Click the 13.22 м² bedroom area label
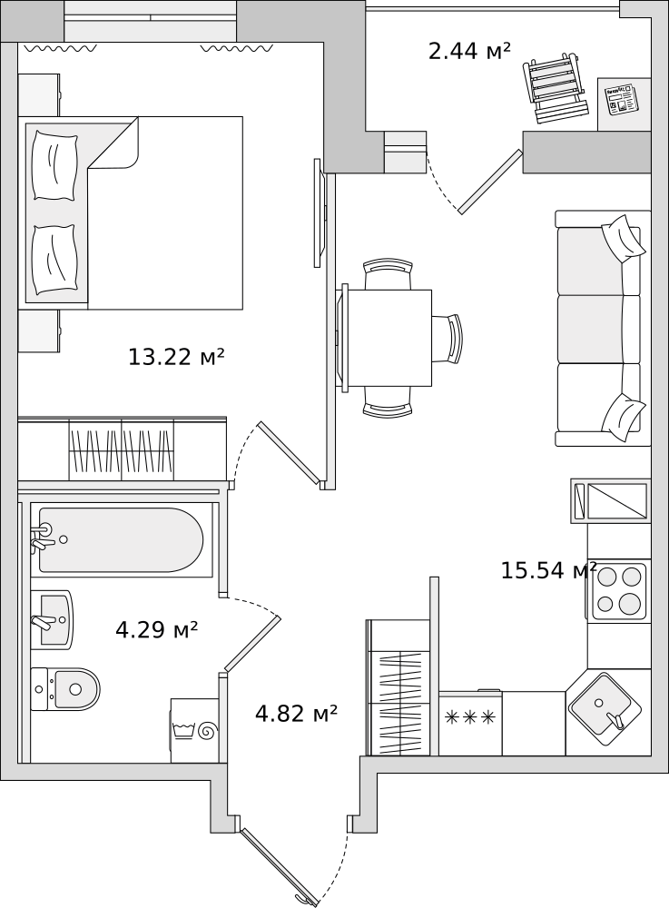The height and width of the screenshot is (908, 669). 176,357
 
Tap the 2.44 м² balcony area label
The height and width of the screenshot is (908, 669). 469,51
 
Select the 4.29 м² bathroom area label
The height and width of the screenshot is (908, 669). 157,629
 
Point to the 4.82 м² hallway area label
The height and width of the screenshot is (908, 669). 296,714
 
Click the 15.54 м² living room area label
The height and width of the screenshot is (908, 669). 548,570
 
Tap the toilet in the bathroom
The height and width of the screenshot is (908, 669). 65,689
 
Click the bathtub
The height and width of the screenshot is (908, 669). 121,539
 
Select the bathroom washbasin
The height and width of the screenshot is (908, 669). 52,619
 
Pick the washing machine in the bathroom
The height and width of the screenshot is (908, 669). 195,731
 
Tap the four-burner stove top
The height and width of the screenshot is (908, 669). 619,590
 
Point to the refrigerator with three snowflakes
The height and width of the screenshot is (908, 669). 470,724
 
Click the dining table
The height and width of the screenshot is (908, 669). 389,338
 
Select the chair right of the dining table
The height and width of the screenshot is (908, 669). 448,339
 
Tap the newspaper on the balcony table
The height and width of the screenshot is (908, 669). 619,98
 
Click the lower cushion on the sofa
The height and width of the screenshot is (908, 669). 622,417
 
